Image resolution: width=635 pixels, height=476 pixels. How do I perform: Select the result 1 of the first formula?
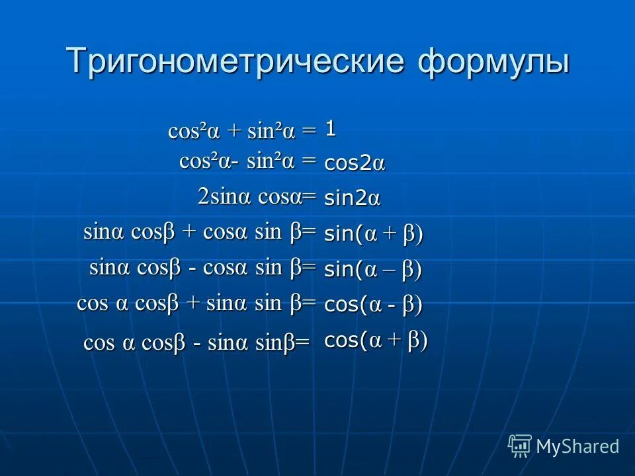[x=330, y=129]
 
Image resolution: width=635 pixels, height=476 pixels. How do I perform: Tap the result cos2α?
[x=354, y=164]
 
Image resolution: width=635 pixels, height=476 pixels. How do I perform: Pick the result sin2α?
[x=352, y=198]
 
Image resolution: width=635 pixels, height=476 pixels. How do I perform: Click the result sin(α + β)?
[x=373, y=234]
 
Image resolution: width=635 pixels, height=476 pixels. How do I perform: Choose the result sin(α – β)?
[x=373, y=270]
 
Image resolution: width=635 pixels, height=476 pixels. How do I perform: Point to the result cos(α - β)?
[x=373, y=305]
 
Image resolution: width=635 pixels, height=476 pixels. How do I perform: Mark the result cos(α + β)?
[x=376, y=340]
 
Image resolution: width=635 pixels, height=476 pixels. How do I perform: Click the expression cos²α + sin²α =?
[x=242, y=130]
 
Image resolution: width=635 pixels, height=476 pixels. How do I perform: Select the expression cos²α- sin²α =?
[x=247, y=161]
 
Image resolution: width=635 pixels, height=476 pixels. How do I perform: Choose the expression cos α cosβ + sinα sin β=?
[x=196, y=303]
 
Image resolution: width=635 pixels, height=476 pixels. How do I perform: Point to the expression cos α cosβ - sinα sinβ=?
[x=196, y=343]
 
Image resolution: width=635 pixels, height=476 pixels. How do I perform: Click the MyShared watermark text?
[x=577, y=446]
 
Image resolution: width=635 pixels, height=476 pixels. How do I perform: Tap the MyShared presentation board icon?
[x=520, y=446]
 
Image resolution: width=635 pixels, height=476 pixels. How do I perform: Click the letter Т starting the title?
[x=77, y=61]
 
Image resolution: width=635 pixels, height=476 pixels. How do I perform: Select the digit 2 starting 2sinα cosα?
[x=202, y=196]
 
